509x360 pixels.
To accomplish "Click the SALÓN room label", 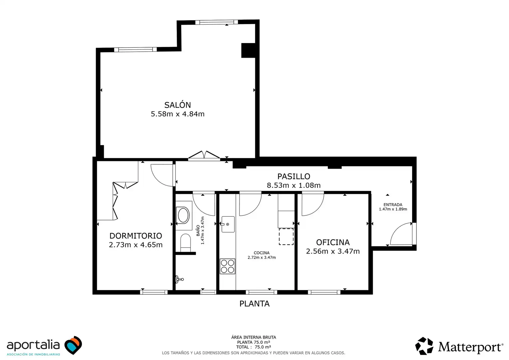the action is click(178, 105).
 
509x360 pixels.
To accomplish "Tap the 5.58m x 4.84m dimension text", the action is click(178, 114).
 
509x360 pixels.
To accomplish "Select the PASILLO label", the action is click(293, 176).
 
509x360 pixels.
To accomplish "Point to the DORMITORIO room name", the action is click(136, 236).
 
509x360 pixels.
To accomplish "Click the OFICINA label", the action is click(333, 242).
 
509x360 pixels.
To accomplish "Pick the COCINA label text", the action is click(261, 253).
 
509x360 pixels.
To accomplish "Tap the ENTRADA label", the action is click(393, 205).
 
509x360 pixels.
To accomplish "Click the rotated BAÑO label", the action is click(198, 230).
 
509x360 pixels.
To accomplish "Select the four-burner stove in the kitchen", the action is click(228, 266).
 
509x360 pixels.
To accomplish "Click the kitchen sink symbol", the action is click(228, 224).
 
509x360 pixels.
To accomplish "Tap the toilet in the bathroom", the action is click(186, 242).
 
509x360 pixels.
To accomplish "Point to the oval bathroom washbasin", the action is click(184, 215).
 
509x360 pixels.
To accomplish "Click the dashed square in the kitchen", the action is click(286, 237).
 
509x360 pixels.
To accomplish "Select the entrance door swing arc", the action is click(396, 228).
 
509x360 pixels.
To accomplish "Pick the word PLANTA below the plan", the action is click(254, 304).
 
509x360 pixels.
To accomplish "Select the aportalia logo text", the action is click(33, 345).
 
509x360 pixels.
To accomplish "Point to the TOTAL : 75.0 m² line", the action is click(254, 347).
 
